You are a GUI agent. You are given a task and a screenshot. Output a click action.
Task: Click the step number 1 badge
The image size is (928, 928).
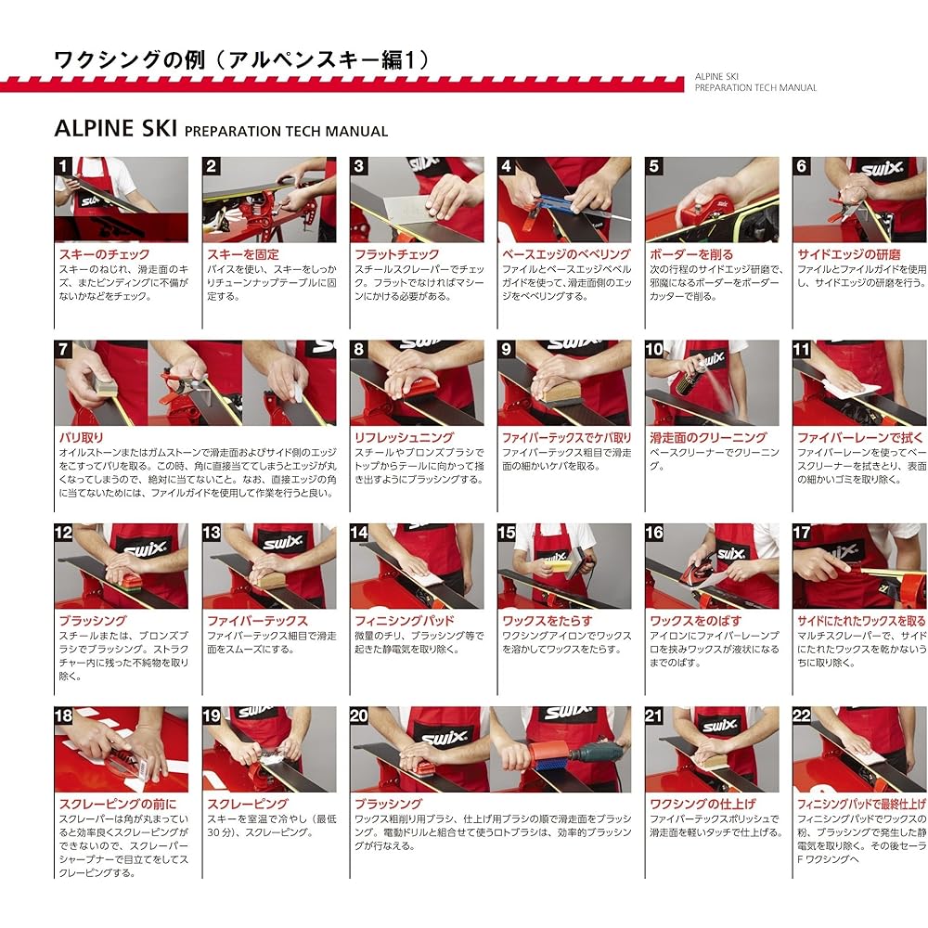click(64, 167)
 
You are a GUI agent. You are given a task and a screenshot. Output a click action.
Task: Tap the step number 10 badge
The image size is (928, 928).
click(655, 350)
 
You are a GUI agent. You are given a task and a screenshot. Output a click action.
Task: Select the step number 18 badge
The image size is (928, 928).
click(64, 716)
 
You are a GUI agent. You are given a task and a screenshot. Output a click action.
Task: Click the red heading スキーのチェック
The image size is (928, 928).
click(103, 254)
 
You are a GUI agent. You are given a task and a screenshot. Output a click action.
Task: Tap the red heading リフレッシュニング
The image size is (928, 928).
click(404, 437)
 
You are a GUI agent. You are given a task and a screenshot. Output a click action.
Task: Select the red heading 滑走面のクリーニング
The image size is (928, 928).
click(708, 437)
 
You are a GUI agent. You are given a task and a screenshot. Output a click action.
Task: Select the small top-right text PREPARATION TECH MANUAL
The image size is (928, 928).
click(755, 88)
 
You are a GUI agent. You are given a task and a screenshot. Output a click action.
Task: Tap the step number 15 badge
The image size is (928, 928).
click(507, 533)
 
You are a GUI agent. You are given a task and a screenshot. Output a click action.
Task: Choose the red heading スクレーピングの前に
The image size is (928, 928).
click(117, 804)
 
